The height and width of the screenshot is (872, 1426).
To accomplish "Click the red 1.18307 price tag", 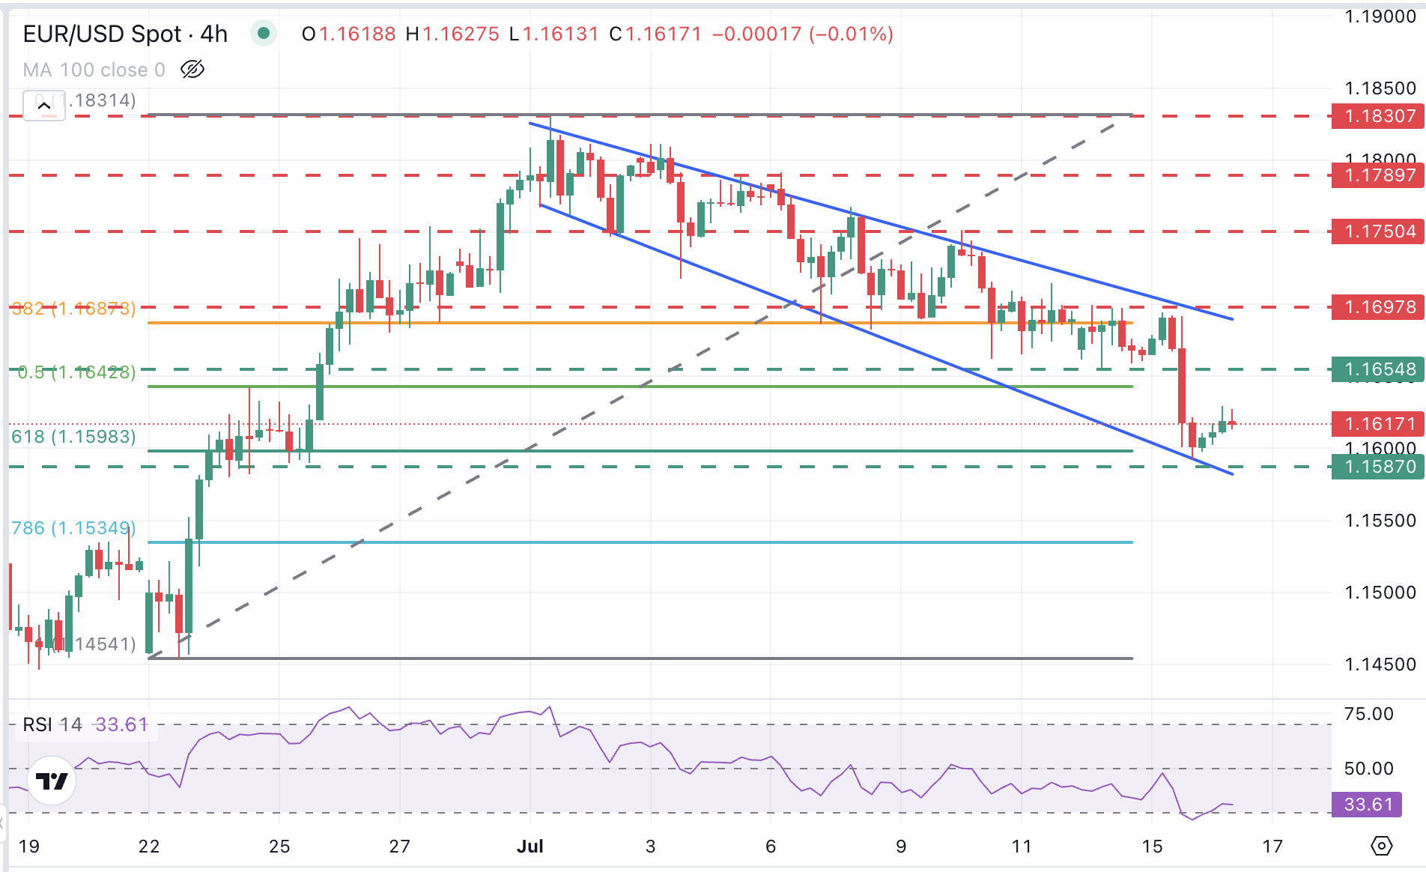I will [1379, 116].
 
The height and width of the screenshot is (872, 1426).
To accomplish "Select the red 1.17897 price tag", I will [1379, 175].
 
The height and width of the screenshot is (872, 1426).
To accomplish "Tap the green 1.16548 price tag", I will [1379, 369].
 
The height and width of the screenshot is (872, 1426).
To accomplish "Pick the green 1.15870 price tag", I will [1379, 467].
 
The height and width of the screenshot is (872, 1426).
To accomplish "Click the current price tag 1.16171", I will [1379, 424].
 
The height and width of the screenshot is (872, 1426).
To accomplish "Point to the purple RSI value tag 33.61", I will [1367, 805].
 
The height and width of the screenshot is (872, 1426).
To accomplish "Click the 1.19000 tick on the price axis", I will [1380, 16].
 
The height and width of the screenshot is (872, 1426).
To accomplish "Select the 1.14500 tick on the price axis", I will [1380, 664].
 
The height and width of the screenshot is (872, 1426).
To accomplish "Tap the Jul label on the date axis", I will [530, 847].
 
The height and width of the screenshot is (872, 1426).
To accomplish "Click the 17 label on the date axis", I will [1272, 847].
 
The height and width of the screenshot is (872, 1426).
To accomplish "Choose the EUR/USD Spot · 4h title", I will [125, 34].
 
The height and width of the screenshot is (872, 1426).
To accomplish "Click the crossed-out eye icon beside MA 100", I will [192, 70].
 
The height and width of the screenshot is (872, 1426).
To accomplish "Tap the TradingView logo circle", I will [52, 781].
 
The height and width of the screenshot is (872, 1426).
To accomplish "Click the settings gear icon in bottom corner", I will [1381, 847].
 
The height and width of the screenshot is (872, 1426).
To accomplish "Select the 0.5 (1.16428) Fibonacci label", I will [76, 372].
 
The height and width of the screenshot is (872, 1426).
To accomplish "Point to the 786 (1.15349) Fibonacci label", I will [73, 528].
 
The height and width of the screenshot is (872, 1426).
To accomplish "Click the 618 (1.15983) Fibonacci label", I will [73, 437].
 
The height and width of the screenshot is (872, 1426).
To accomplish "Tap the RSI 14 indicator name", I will [52, 724].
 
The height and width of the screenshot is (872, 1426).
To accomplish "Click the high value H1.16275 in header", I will [452, 34].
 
